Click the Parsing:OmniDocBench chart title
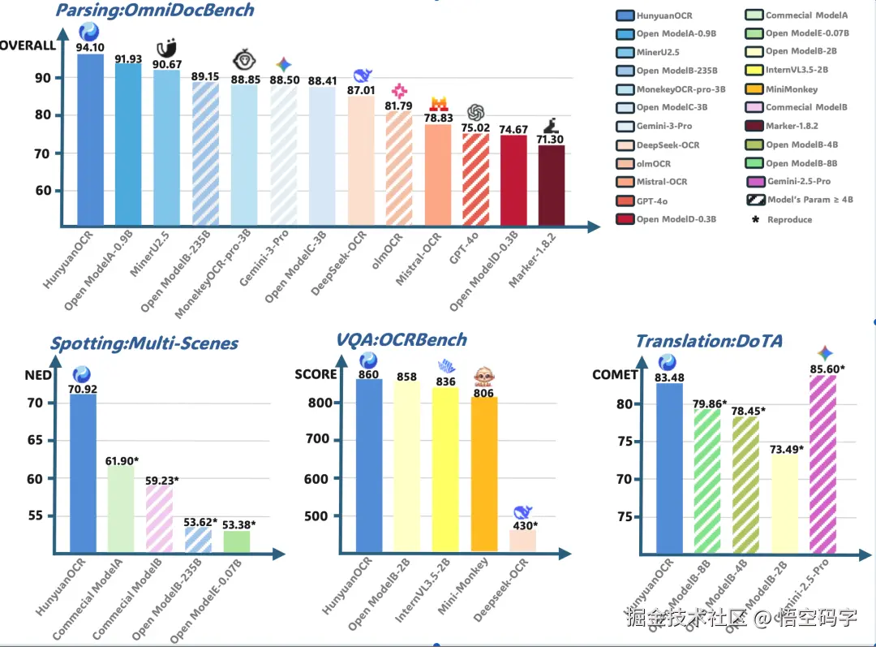point(155,11)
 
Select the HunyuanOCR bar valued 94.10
point(90,138)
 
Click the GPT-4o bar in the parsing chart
point(475,179)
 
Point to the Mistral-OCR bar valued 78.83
point(438,174)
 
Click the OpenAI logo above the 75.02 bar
point(475,112)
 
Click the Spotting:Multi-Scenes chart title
point(144,343)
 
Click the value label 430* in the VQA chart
point(523,525)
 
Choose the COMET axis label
point(616,374)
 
